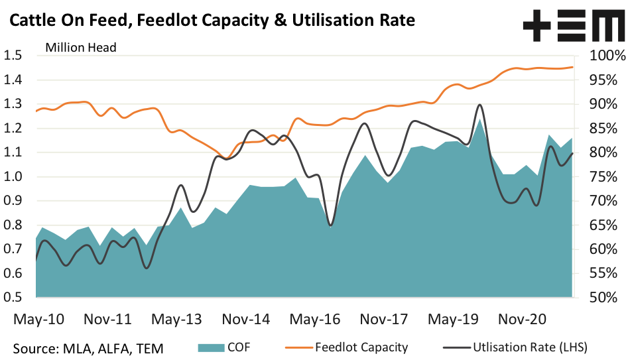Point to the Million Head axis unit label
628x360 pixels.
click(x=81, y=47)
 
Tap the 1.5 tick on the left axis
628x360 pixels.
click(x=14, y=56)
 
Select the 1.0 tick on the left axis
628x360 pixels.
click(x=14, y=177)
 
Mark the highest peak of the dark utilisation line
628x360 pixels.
click(x=479, y=105)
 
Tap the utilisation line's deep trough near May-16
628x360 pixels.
click(x=330, y=225)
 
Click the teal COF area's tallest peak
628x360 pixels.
click(x=479, y=120)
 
